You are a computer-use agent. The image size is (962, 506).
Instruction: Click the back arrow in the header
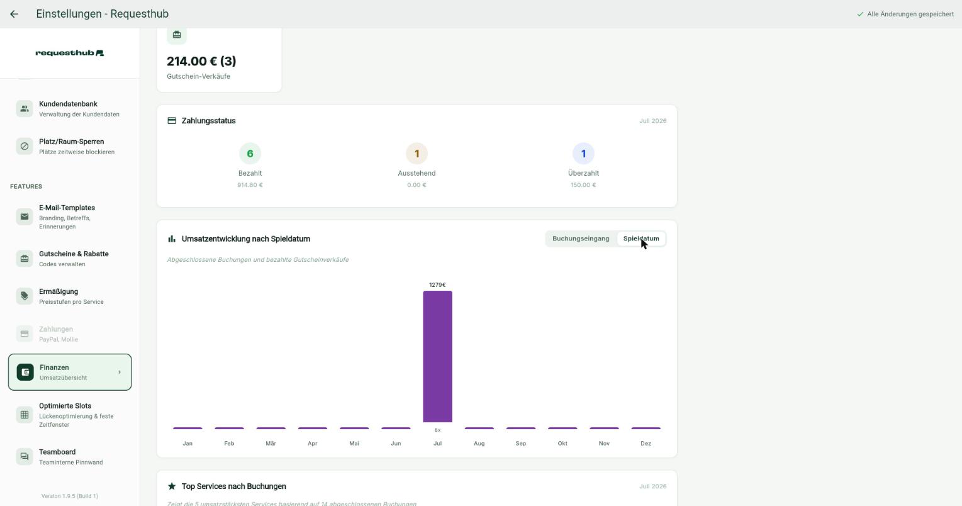[x=14, y=14]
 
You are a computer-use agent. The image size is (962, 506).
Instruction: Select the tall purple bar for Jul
[x=437, y=356]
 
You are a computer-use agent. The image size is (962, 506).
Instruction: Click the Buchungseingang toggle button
[x=581, y=239]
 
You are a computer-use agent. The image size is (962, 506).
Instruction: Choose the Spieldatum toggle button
[x=640, y=239]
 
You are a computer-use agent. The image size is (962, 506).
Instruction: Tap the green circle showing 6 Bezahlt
[x=250, y=154]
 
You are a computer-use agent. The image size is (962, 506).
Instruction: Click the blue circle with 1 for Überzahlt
[x=583, y=154]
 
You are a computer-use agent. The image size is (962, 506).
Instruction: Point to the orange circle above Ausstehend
[x=417, y=154]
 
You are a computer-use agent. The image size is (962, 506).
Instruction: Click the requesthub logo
[x=70, y=53]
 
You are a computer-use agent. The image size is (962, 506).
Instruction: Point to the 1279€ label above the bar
[x=437, y=285]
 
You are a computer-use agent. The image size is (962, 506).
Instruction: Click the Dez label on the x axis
[x=646, y=443]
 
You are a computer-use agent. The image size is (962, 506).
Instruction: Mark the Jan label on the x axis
[x=187, y=443]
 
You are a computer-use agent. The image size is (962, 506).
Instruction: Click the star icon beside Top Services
[x=172, y=486]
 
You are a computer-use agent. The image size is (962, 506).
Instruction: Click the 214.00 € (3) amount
[x=201, y=62]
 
